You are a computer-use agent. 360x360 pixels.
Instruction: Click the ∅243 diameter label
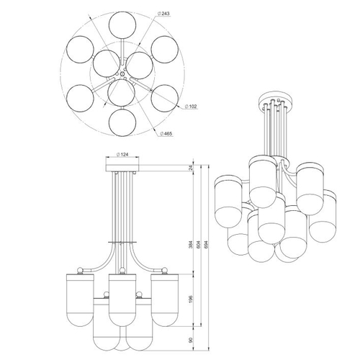click(164, 14)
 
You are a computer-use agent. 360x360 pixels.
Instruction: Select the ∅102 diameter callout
click(191, 107)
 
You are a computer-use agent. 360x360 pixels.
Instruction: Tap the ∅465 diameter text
click(166, 134)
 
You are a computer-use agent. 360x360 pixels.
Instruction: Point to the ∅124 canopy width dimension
click(122, 155)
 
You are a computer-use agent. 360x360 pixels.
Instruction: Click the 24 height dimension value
click(191, 168)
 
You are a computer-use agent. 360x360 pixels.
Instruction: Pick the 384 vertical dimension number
click(191, 244)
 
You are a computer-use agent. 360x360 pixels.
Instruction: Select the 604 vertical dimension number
click(198, 244)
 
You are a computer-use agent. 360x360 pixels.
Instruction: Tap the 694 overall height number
click(205, 244)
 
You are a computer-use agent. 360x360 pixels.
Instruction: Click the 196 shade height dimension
click(191, 299)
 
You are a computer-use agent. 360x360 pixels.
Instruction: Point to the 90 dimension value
click(191, 340)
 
